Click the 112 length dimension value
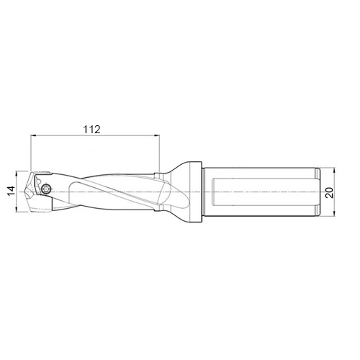pyautogui.click(x=91, y=130)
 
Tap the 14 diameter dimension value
pyautogui.click(x=12, y=191)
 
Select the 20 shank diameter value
pyautogui.click(x=330, y=192)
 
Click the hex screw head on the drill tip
pyautogui.click(x=46, y=189)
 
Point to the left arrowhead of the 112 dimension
pyautogui.click(x=34, y=135)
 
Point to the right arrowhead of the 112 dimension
pyautogui.click(x=157, y=135)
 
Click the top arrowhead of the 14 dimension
pyautogui.click(x=17, y=174)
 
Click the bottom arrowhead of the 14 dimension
pyautogui.click(x=17, y=209)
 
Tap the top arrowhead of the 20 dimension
pyautogui.click(x=334, y=170)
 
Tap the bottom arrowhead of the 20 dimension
pyautogui.click(x=334, y=214)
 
